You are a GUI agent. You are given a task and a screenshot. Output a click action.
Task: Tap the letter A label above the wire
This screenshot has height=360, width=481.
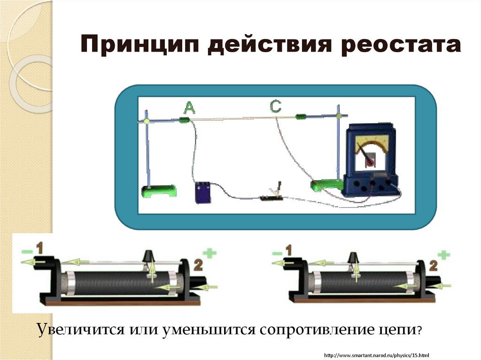pyautogui.click(x=188, y=109)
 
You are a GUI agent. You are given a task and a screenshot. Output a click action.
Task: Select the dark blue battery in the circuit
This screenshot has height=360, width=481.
pyautogui.click(x=203, y=192)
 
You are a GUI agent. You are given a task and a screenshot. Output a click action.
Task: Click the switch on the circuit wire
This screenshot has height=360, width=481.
pyautogui.click(x=272, y=193)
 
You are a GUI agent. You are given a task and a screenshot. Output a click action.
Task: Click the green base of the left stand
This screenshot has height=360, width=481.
pyautogui.click(x=159, y=191)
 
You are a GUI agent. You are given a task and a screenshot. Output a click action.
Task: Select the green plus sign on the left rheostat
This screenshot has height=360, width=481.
pyautogui.click(x=211, y=253)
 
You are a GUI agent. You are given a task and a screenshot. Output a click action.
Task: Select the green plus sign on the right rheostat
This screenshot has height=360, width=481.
pyautogui.click(x=444, y=255)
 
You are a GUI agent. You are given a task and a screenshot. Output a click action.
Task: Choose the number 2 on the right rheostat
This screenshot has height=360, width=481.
pyautogui.click(x=433, y=266)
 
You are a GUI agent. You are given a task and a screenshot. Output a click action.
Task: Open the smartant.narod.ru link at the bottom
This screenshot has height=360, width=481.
pyautogui.click(x=377, y=354)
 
